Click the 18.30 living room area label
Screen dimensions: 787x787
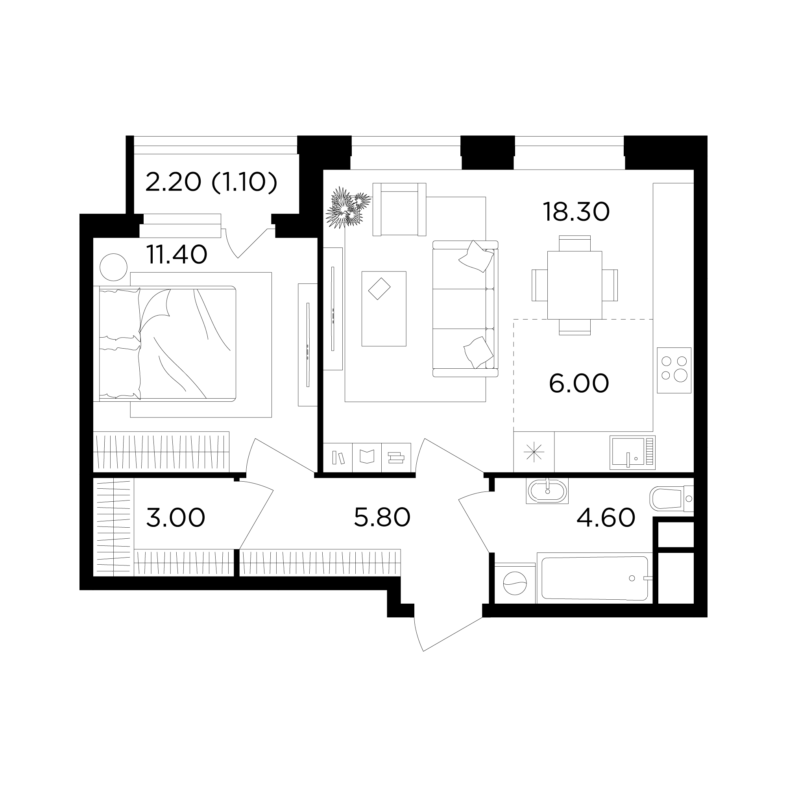pyautogui.click(x=576, y=212)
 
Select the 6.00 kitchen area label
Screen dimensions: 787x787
pyautogui.click(x=579, y=383)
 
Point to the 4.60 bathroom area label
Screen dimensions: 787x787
pyautogui.click(x=606, y=518)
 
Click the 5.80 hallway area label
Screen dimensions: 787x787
pyautogui.click(x=382, y=518)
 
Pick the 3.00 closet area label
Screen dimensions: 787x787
pyautogui.click(x=176, y=518)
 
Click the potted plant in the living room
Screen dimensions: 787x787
pyautogui.click(x=347, y=207)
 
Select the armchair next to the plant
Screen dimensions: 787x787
pyautogui.click(x=399, y=209)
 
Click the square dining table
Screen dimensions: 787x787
pyautogui.click(x=575, y=285)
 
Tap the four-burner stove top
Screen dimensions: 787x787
pyautogui.click(x=674, y=370)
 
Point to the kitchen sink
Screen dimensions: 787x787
pyautogui.click(x=633, y=453)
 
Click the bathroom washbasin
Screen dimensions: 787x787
pyautogui.click(x=547, y=491)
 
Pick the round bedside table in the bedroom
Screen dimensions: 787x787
pyautogui.click(x=114, y=267)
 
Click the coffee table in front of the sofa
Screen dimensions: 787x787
pyautogui.click(x=384, y=309)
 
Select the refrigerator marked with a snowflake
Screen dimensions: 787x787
pyautogui.click(x=534, y=452)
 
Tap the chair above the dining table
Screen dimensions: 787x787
pyautogui.click(x=575, y=243)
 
